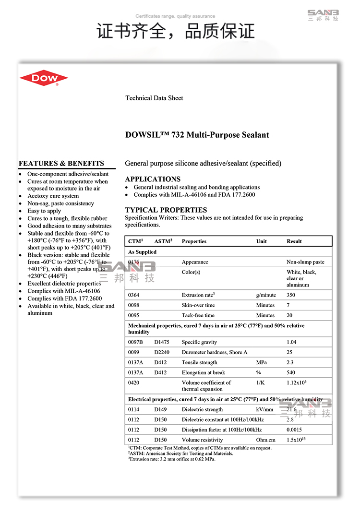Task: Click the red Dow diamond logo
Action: click(x=44, y=78)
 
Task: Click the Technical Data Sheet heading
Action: click(x=154, y=98)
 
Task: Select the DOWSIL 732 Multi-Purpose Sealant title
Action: click(x=197, y=135)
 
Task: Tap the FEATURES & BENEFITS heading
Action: click(x=61, y=163)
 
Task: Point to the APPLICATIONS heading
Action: click(x=153, y=179)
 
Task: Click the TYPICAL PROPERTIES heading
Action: click(x=166, y=210)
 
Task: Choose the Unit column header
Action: click(x=262, y=241)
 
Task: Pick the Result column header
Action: click(x=294, y=241)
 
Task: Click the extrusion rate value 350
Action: click(x=291, y=295)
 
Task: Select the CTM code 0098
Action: click(x=134, y=305)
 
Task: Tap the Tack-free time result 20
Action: click(x=289, y=315)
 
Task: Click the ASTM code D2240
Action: click(x=162, y=352)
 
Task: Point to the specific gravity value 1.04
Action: click(x=291, y=342)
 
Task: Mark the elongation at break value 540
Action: click(x=291, y=372)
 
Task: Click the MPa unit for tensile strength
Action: click(x=262, y=362)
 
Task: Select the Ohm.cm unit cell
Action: click(x=266, y=440)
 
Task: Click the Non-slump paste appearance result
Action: click(x=305, y=262)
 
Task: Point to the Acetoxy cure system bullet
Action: click(x=53, y=196)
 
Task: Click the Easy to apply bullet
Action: click(x=44, y=211)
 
